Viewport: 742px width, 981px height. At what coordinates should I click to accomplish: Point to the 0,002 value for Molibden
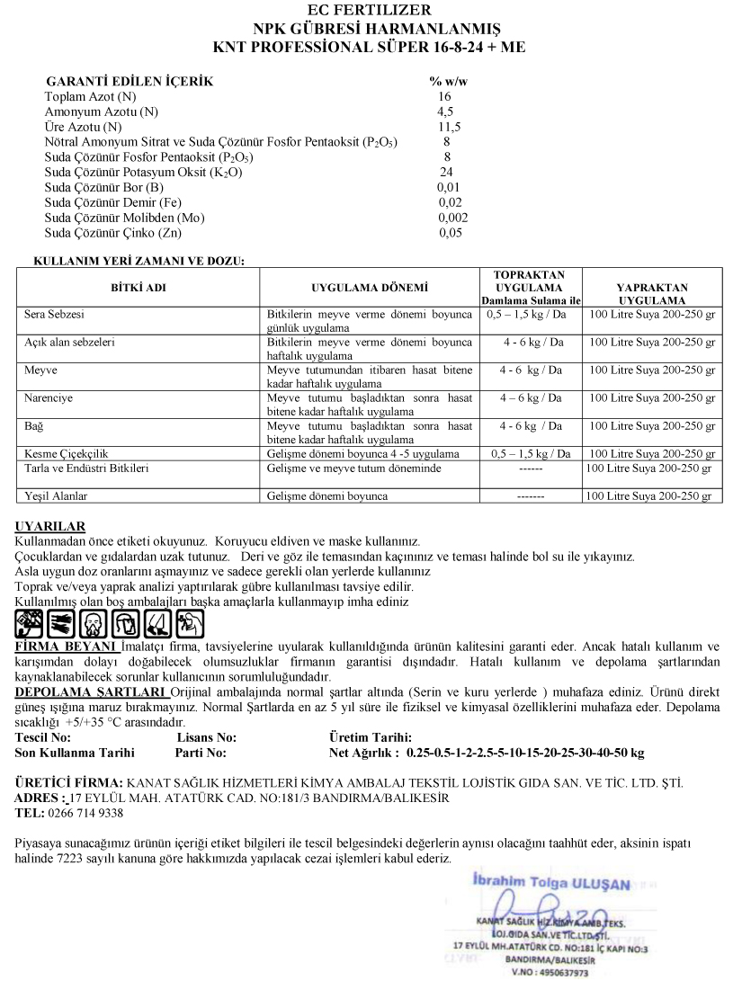point(452,218)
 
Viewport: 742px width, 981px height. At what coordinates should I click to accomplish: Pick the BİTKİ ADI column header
point(138,288)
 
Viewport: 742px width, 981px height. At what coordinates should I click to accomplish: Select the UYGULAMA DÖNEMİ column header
point(370,288)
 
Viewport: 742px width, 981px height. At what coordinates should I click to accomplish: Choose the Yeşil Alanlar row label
point(56,496)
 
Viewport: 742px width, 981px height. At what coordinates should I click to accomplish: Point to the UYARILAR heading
point(50,527)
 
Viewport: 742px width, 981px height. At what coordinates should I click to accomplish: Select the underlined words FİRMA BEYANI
point(67,646)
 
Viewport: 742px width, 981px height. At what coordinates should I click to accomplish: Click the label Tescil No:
point(43,737)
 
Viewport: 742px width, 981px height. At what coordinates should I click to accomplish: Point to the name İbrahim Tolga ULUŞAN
point(550,883)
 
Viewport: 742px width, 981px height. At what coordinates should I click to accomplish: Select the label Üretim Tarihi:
point(371,737)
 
